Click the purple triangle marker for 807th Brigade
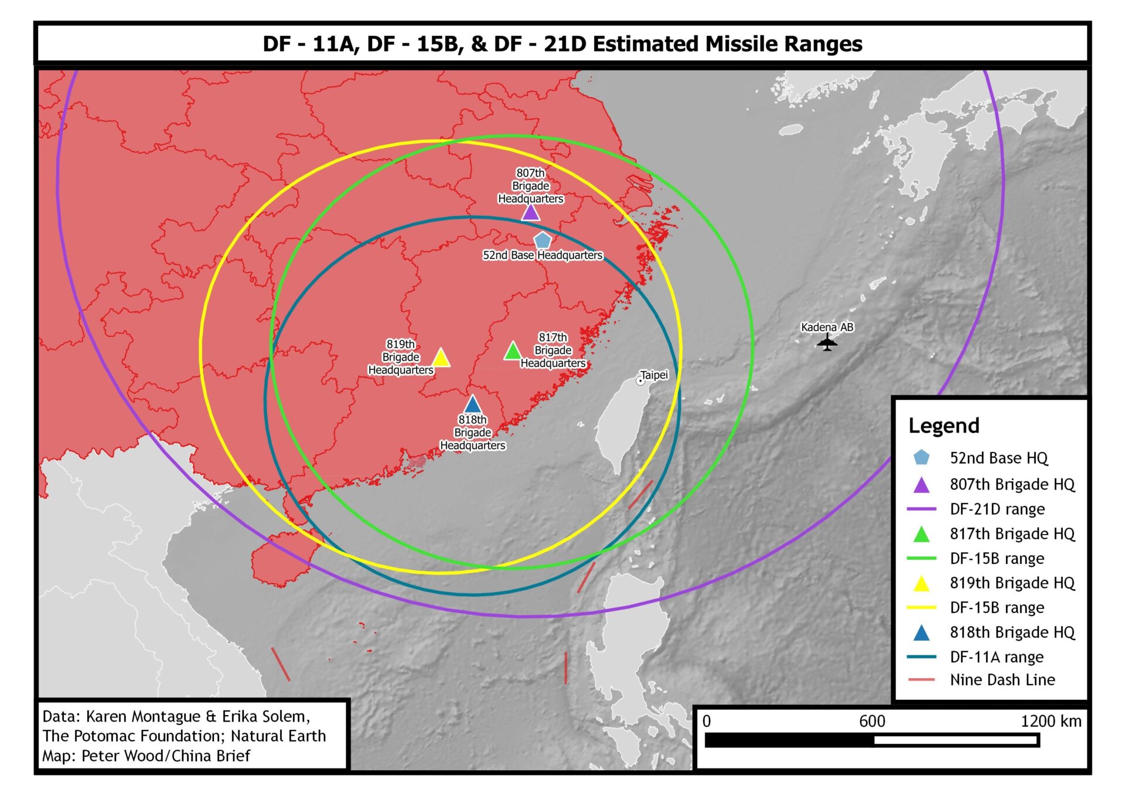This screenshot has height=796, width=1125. (530, 213)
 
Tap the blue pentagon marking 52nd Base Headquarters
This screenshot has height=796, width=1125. (543, 240)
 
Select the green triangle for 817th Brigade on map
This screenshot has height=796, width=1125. (513, 352)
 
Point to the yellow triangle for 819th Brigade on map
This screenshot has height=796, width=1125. (441, 358)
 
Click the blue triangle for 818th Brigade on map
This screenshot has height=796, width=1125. (472, 405)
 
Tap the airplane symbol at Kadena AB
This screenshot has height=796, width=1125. (827, 342)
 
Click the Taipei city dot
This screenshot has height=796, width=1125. (640, 381)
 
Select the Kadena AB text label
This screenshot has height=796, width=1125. (827, 327)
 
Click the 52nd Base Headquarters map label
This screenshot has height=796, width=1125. (542, 256)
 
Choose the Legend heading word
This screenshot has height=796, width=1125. (943, 426)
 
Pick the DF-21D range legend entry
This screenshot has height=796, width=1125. (997, 509)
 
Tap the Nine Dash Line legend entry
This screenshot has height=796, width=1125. (1002, 680)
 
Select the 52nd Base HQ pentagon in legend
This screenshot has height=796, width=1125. (921, 458)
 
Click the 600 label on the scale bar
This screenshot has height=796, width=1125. (871, 722)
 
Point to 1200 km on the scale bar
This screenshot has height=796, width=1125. (1051, 722)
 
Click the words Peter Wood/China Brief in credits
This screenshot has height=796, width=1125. (165, 756)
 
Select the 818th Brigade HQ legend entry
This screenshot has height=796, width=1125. (1012, 632)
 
